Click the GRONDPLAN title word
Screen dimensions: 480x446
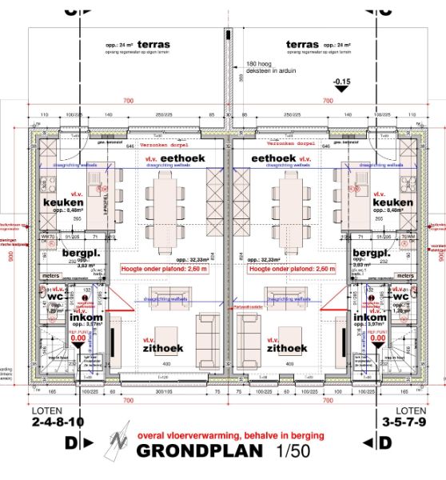click(200, 451)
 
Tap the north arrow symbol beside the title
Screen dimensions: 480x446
click(118, 442)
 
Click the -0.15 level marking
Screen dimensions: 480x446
click(343, 82)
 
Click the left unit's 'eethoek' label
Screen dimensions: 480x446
click(183, 159)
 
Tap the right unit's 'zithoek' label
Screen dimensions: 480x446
click(287, 348)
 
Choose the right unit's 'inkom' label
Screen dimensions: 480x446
click(370, 317)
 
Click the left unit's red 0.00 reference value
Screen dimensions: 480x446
click(78, 338)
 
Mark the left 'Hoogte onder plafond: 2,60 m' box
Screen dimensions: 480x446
click(164, 269)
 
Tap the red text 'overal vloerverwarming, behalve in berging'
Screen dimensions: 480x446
click(231, 435)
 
